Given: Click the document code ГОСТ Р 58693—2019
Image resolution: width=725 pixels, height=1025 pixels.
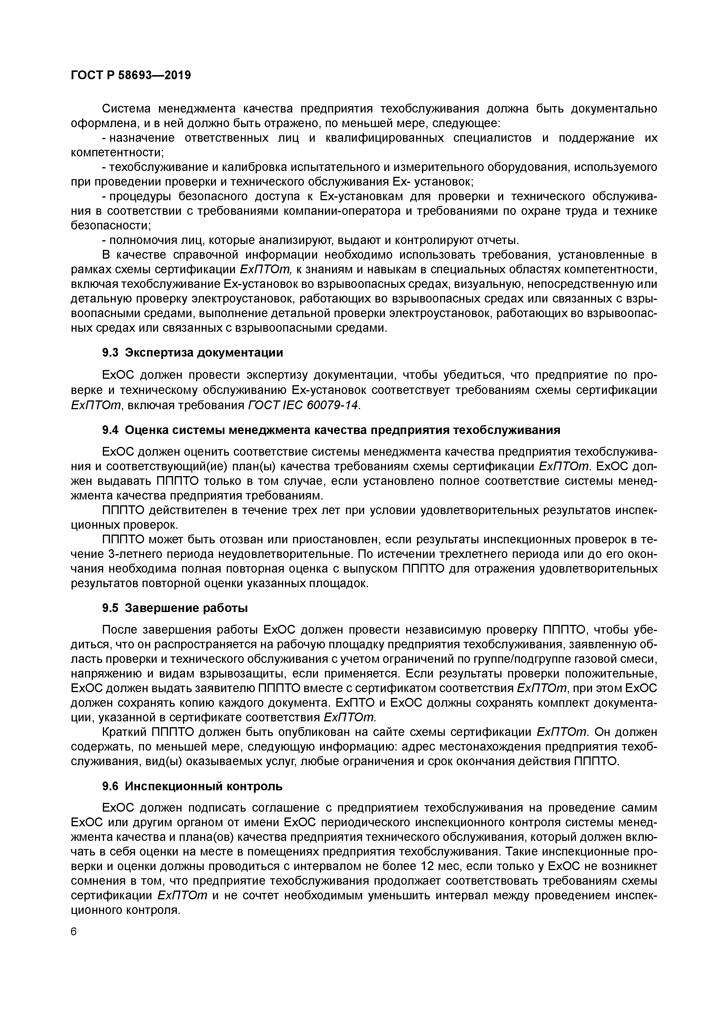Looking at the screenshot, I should [130, 75].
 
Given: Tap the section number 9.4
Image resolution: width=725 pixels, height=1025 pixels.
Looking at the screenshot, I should [110, 430].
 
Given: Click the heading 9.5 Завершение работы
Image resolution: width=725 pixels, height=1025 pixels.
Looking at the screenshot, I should [175, 608].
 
